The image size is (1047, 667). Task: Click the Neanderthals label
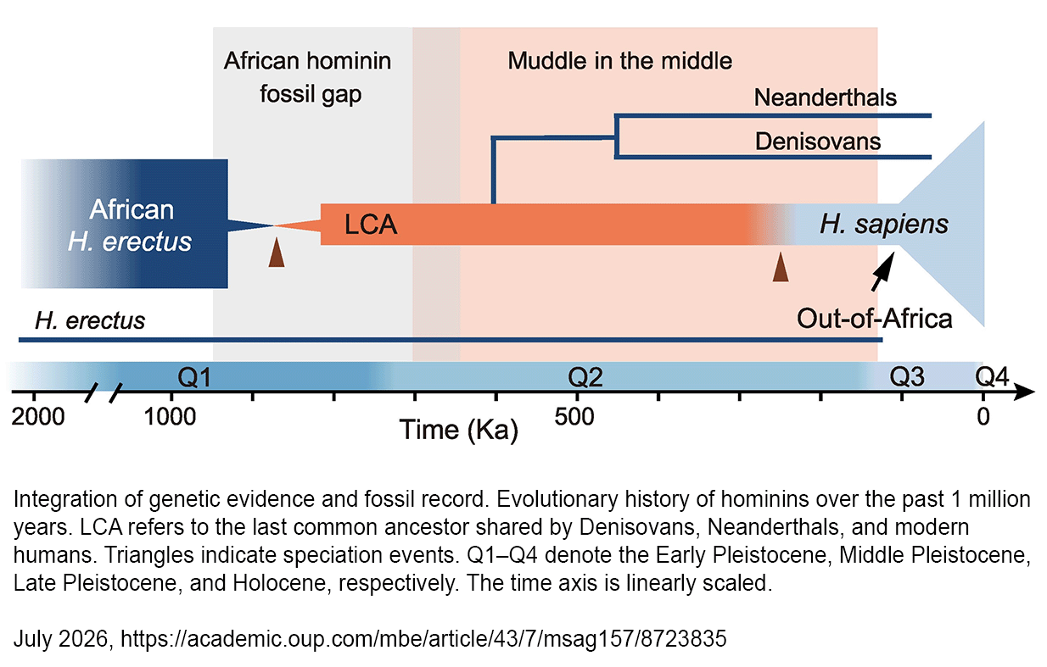pyautogui.click(x=825, y=98)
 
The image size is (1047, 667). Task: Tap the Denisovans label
pyautogui.click(x=818, y=142)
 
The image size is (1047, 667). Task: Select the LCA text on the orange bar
pyautogui.click(x=371, y=225)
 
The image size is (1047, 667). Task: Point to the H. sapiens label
pyautogui.click(x=884, y=224)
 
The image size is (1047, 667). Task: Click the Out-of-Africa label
pyautogui.click(x=874, y=319)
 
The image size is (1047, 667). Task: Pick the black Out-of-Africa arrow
pyautogui.click(x=883, y=272)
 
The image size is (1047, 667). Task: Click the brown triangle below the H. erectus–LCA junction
pyautogui.click(x=277, y=252)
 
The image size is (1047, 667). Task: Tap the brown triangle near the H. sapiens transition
pyautogui.click(x=781, y=267)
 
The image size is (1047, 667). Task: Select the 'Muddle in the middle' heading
pyautogui.click(x=619, y=61)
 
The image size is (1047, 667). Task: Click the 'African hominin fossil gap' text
pyautogui.click(x=307, y=77)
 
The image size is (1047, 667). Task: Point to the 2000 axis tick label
pyautogui.click(x=38, y=417)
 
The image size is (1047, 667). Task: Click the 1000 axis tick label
pyautogui.click(x=170, y=417)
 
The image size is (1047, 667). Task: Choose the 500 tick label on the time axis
pyautogui.click(x=574, y=417)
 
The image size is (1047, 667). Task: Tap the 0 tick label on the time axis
pyautogui.click(x=983, y=417)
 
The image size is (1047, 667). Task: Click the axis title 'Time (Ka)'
pyautogui.click(x=458, y=430)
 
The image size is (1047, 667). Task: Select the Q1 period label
pyautogui.click(x=194, y=377)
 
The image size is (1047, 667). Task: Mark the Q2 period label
pyautogui.click(x=585, y=377)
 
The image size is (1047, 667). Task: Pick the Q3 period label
pyautogui.click(x=907, y=377)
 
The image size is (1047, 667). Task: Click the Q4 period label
pyautogui.click(x=992, y=377)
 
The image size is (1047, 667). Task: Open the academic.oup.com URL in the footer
pyautogui.click(x=423, y=638)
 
